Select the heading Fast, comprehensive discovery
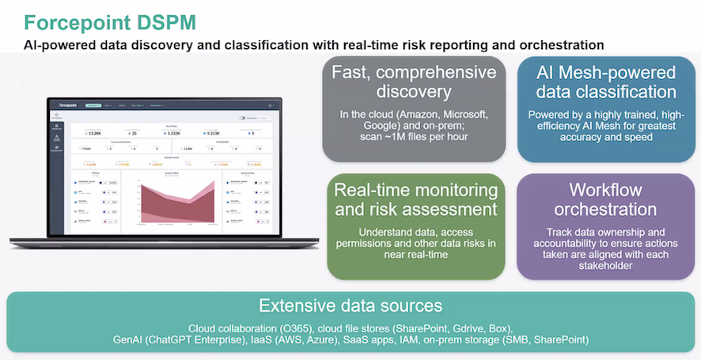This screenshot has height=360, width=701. (414, 83)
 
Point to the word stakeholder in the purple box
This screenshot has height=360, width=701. (605, 267)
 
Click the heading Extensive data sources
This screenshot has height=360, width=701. (350, 306)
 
